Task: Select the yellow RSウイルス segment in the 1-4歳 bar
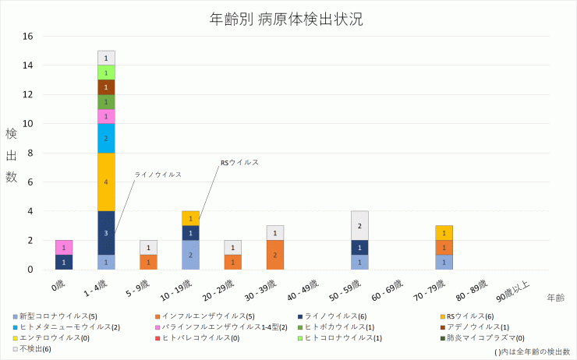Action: point(106,182)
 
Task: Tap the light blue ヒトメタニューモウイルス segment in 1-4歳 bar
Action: point(106,138)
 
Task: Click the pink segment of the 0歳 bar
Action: point(64,247)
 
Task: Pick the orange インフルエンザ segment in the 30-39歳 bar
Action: point(275,255)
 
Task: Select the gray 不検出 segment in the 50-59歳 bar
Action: point(359,225)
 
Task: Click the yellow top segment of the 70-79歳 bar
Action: point(444,233)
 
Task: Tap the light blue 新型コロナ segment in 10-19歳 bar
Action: point(190,255)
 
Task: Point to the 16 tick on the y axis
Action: point(28,37)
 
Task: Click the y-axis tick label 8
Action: point(30,153)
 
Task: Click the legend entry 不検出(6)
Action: point(35,348)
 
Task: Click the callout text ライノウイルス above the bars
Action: point(158,175)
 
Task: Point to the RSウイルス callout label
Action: point(239,162)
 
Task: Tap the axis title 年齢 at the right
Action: point(555,298)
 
